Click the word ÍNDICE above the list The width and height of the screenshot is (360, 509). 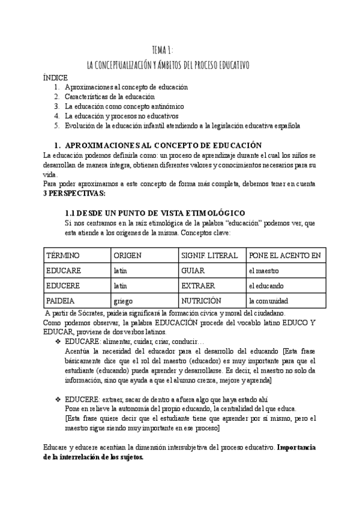pos(56,78)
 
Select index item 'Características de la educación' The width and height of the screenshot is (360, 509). pos(110,97)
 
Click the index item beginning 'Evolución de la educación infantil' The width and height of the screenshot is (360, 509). pos(182,125)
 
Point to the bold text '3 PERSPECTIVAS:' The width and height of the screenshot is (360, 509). pos(74,194)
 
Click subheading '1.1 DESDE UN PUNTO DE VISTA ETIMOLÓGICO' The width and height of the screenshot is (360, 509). pos(155,214)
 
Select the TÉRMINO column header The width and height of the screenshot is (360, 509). pos(63,256)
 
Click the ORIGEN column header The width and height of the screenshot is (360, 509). pos(127,256)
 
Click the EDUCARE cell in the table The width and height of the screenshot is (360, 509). pos(64,271)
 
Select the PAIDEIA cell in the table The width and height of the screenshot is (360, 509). pos(62,300)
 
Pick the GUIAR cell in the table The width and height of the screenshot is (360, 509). pos(194,271)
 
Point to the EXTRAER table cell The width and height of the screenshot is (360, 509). pos(198,285)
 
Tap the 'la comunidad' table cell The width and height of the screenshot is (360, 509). pos(268,300)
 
